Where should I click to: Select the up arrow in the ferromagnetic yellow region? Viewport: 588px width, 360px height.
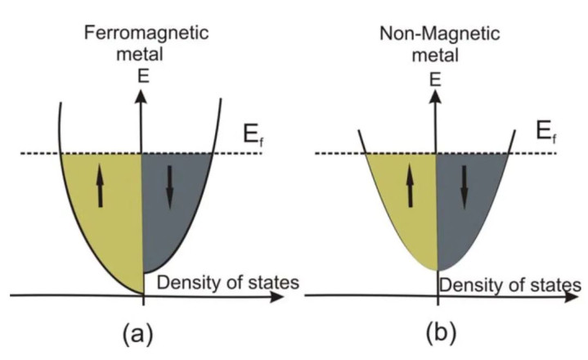pos(100,187)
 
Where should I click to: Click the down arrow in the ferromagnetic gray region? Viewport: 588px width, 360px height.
pos(170,187)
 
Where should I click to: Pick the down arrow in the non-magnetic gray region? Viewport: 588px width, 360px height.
pos(464,187)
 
